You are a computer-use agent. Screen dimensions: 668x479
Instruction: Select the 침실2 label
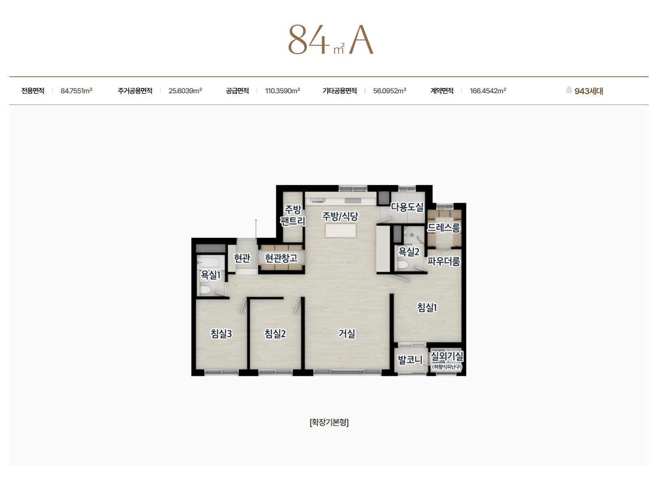[275, 333]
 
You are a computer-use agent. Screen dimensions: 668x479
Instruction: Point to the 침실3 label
[221, 333]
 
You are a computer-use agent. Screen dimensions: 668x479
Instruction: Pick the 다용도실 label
[407, 206]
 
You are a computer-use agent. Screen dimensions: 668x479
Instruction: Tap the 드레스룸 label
[444, 228]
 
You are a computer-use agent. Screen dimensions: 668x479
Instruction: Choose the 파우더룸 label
[444, 261]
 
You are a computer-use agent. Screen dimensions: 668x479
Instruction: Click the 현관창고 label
[281, 258]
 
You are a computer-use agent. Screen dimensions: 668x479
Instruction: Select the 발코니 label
[410, 359]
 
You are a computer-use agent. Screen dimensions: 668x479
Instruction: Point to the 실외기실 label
[447, 356]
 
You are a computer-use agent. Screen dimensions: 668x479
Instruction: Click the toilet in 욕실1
[205, 290]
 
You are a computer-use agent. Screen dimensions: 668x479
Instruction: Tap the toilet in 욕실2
[403, 265]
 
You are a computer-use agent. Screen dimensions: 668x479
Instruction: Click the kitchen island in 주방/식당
[341, 231]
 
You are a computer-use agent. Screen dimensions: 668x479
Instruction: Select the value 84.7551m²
[76, 91]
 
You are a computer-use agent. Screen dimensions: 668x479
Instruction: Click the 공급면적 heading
[237, 91]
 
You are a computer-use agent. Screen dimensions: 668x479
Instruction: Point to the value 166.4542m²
[488, 91]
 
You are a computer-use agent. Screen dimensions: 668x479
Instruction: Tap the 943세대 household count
[588, 91]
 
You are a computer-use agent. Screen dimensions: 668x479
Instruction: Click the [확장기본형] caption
[329, 422]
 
